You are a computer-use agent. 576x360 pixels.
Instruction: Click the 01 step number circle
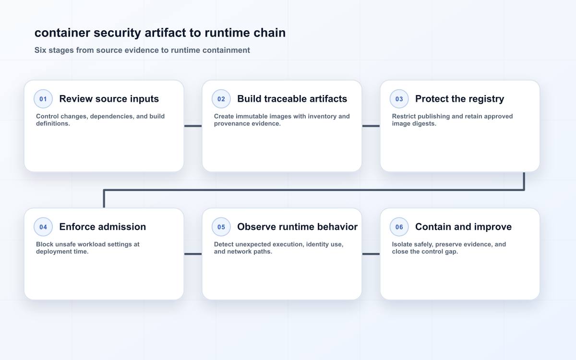(x=43, y=99)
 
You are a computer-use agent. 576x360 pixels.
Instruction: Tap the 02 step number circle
(x=221, y=99)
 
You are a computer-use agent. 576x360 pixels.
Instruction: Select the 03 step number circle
(x=399, y=99)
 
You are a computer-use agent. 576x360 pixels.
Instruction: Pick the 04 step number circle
(x=43, y=227)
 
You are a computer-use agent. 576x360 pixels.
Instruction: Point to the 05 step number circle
(x=221, y=227)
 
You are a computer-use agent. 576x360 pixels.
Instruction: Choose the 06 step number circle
(x=399, y=227)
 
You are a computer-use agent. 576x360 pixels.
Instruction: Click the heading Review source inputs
(x=109, y=99)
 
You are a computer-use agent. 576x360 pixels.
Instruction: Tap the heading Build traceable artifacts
(x=292, y=99)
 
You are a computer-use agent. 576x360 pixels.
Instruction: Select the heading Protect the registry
(x=460, y=99)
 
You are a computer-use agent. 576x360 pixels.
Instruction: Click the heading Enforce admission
(x=103, y=227)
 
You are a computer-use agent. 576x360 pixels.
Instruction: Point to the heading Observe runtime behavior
(x=298, y=227)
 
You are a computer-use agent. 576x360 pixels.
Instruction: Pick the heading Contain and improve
(x=463, y=227)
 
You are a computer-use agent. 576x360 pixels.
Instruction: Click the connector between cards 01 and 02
(x=193, y=126)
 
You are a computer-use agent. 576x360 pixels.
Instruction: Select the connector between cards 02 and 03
(x=371, y=126)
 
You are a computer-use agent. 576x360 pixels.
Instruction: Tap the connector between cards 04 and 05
(x=193, y=254)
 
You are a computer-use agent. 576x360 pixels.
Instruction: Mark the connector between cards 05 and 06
(x=371, y=254)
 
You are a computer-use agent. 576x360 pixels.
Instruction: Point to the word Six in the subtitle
(x=40, y=50)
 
